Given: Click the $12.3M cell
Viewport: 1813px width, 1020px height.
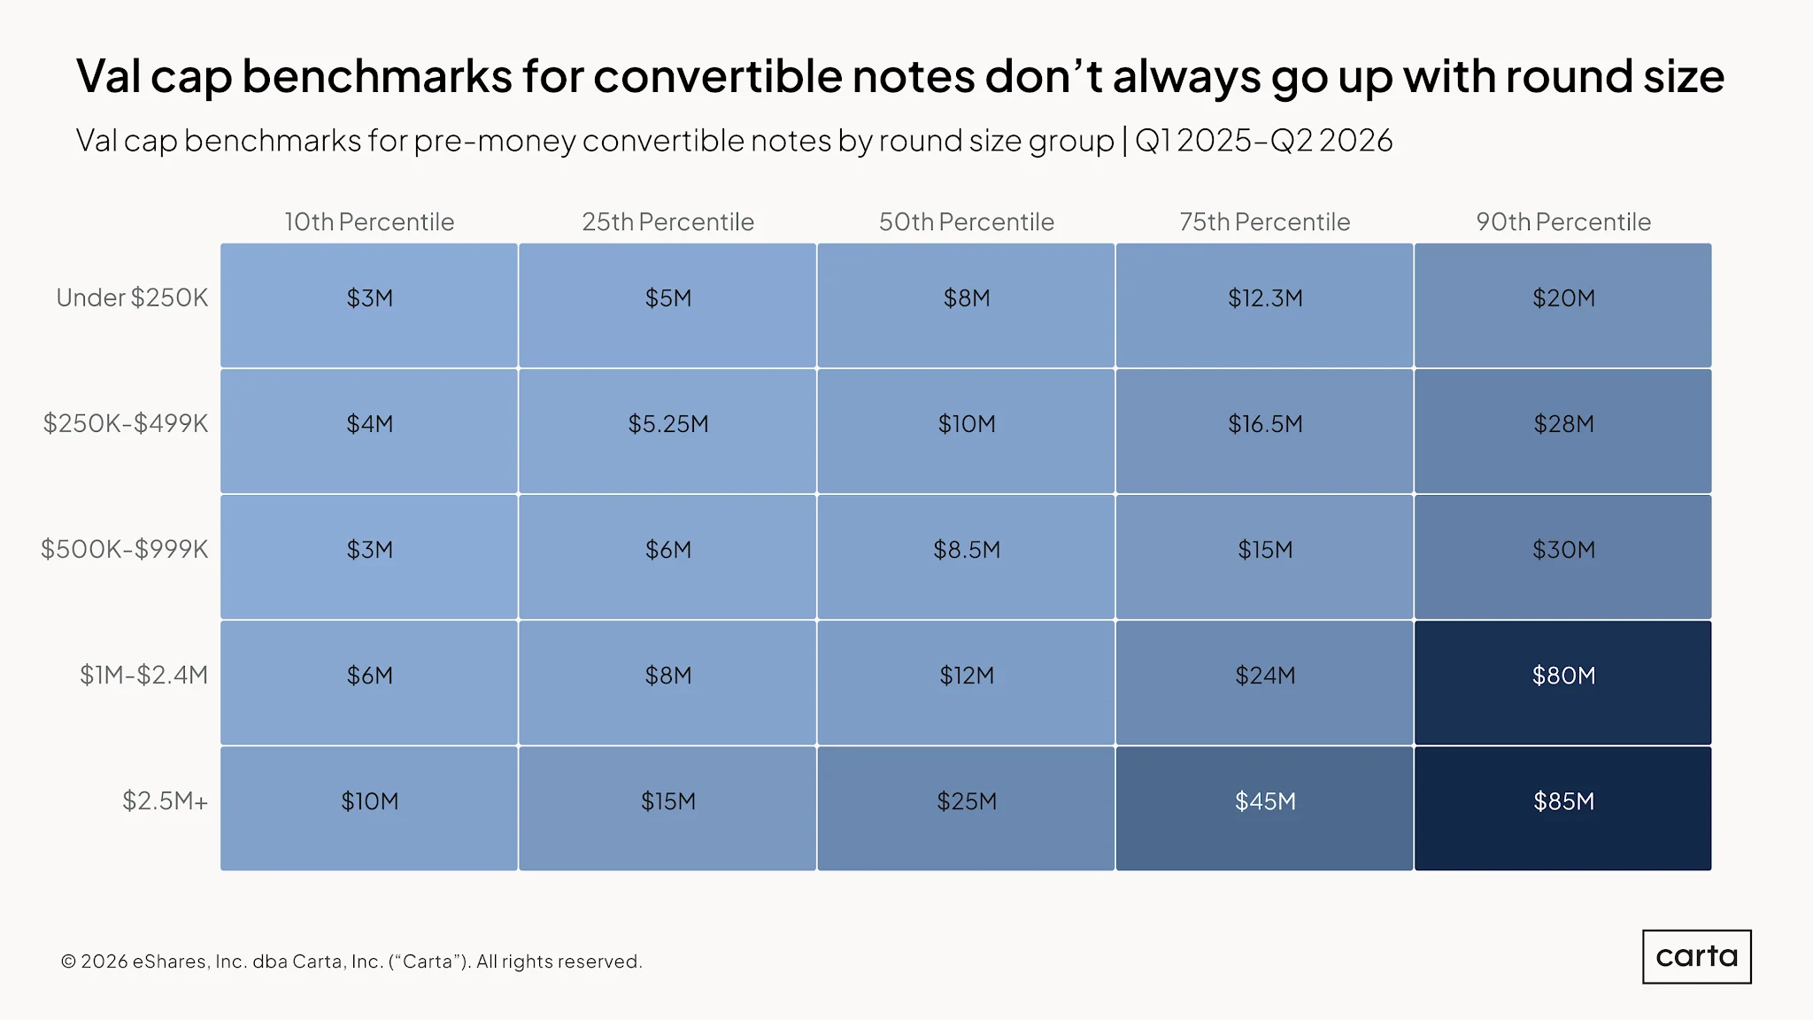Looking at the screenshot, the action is click(x=1264, y=305).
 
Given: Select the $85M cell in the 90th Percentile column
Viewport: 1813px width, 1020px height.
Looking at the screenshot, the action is click(x=1562, y=808).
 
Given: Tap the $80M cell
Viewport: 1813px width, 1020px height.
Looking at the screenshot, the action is click(x=1562, y=683).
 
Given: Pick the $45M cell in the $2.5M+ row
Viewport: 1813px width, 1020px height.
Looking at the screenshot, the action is click(x=1264, y=808).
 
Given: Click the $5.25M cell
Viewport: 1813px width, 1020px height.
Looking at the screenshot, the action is click(x=667, y=431).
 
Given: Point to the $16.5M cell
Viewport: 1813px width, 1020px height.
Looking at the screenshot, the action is click(x=1264, y=431).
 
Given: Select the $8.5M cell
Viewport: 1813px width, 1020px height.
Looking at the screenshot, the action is click(x=966, y=557).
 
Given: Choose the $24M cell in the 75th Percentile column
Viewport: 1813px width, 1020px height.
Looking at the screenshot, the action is click(x=1264, y=683).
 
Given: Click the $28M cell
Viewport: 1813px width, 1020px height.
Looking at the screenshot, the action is click(x=1562, y=431).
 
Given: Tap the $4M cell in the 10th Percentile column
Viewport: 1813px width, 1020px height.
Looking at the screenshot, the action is click(x=369, y=431).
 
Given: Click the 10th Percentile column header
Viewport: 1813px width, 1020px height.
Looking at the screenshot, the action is click(x=369, y=221).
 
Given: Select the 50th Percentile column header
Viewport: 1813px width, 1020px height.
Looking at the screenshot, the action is click(x=967, y=221).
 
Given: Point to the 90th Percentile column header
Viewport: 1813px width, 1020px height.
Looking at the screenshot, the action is click(x=1563, y=221).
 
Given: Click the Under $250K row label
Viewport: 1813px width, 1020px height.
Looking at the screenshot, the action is click(x=132, y=297).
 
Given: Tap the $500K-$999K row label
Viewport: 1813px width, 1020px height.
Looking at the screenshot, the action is click(x=125, y=549).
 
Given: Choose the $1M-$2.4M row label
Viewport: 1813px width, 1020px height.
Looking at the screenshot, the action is click(x=144, y=675).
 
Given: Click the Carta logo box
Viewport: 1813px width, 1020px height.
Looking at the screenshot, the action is click(x=1697, y=956).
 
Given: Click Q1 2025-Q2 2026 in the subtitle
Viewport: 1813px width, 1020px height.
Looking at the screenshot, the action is click(x=1264, y=140).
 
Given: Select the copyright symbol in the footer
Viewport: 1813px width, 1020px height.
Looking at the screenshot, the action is click(x=69, y=962).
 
